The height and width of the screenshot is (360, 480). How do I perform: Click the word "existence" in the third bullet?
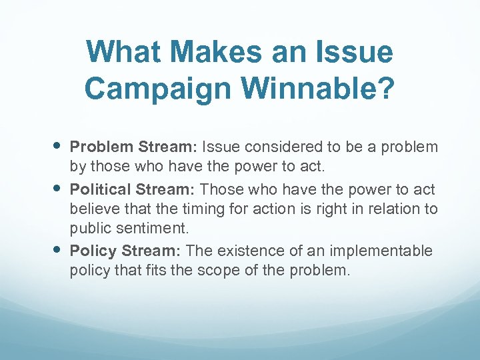[250, 251]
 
